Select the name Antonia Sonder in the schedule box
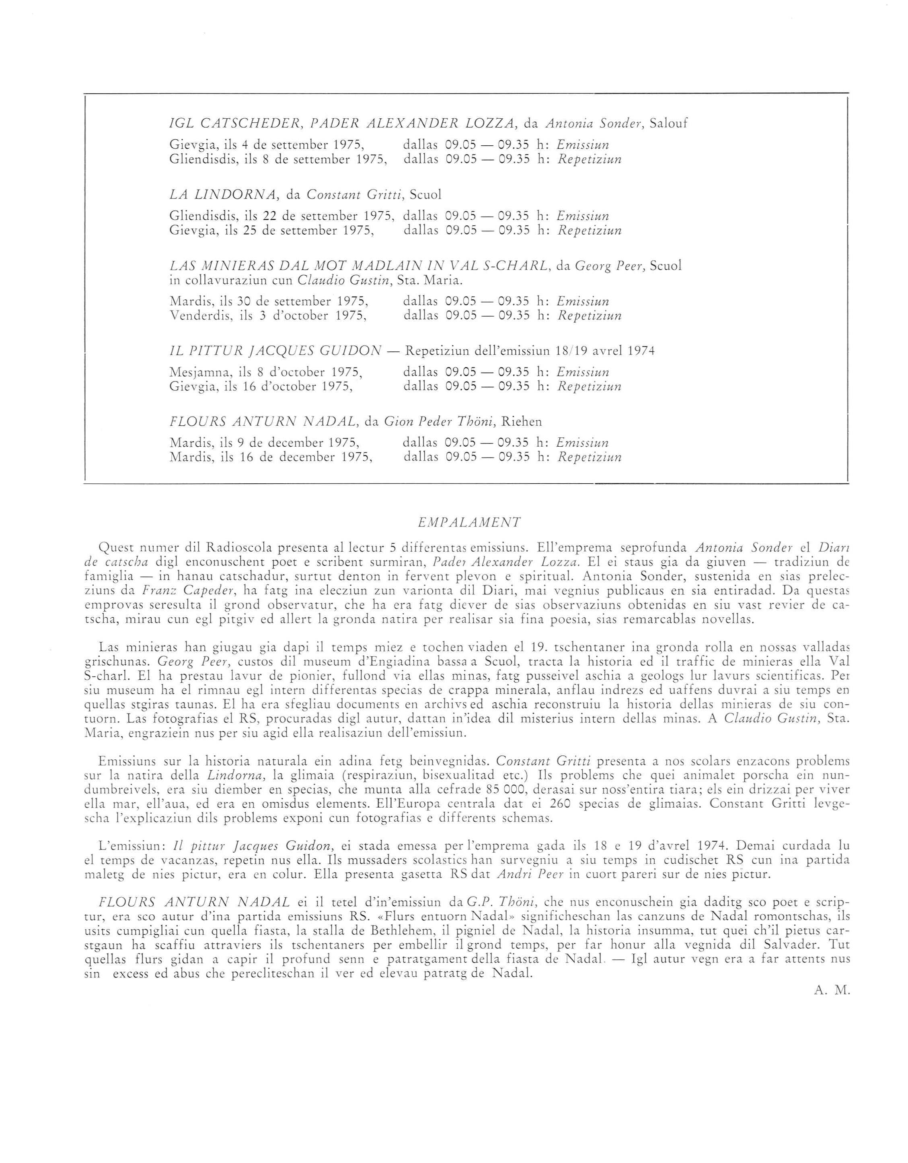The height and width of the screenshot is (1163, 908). point(591,124)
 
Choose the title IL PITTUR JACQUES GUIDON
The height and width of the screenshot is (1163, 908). point(275,351)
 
